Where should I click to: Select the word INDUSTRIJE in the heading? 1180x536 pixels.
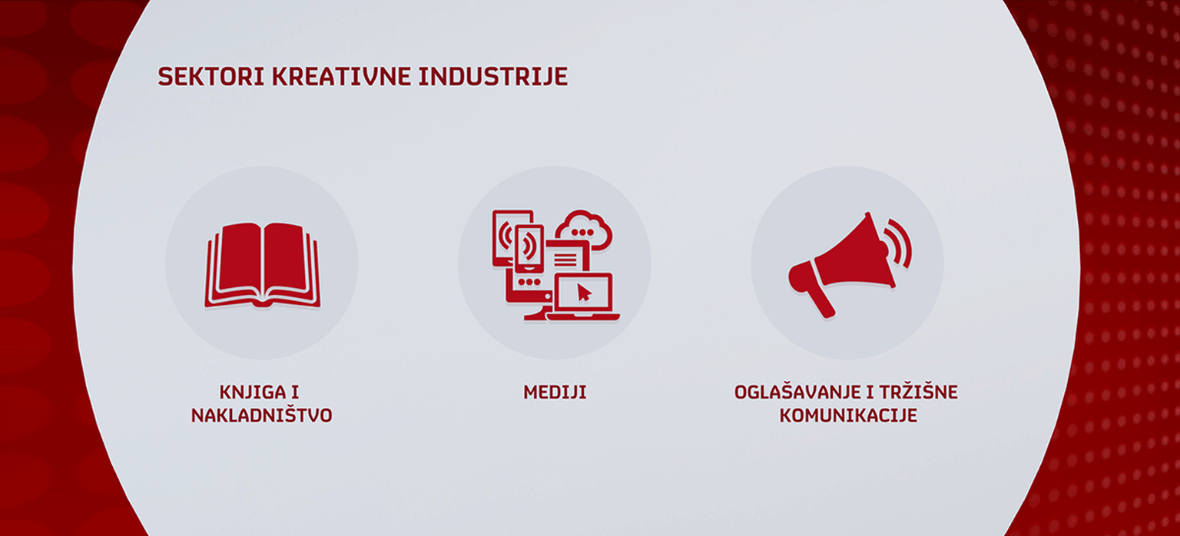coord(493,77)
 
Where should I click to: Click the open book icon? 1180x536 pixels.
coord(262,265)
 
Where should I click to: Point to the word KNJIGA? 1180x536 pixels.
coord(252,393)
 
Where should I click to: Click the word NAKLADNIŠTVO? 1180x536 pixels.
coord(262,416)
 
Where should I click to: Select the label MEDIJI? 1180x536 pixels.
coord(555,393)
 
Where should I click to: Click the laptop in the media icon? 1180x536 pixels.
coord(583,297)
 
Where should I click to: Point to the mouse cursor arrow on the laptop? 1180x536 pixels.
coord(584,293)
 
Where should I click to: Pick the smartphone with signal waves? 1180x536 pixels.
coord(529,249)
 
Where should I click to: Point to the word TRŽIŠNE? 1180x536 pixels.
coord(918,393)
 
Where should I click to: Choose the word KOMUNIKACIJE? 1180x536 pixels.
coord(848,416)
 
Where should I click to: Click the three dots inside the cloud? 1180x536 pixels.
coord(582,232)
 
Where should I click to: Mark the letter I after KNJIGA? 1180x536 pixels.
coord(295,393)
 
